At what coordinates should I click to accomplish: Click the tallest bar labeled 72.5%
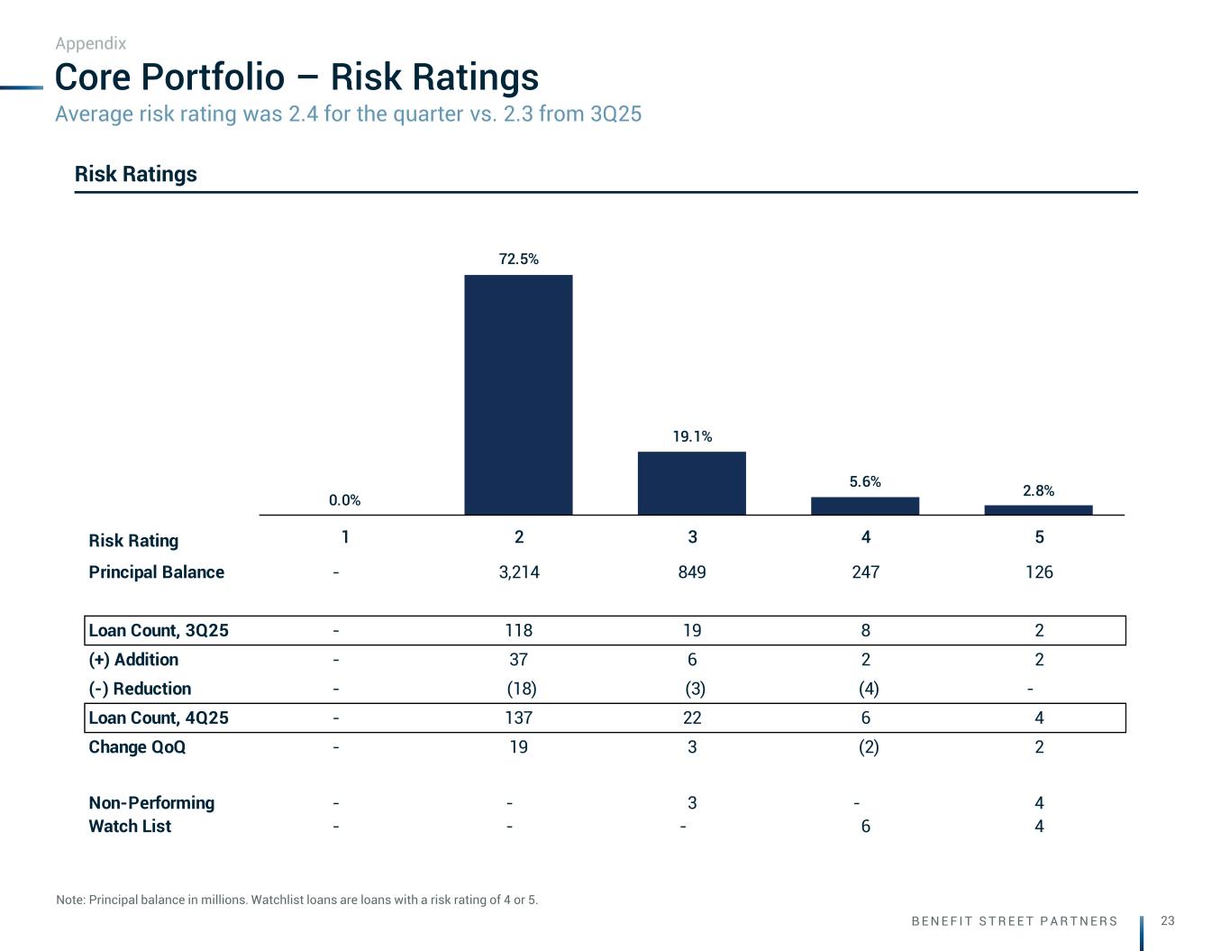518,394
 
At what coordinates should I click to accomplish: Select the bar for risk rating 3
691,483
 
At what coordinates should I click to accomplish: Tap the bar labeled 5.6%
865,506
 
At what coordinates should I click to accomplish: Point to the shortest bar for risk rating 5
1038,510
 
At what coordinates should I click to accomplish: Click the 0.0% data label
344,500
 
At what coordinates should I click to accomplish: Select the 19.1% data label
692,436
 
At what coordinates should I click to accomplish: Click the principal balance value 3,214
519,572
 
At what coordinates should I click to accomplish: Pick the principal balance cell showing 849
692,572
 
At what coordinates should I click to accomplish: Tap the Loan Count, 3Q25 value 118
519,631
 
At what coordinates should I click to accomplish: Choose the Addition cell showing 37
519,660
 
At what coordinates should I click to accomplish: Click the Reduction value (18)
522,689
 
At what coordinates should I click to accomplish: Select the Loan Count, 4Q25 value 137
519,718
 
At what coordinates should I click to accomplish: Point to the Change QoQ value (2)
869,747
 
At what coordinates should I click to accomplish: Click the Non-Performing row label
151,803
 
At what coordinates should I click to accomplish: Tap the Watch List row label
130,827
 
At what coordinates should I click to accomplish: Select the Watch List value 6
866,827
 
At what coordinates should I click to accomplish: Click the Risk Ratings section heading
136,174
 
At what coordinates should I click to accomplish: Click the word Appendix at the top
91,43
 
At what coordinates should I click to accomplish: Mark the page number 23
1168,920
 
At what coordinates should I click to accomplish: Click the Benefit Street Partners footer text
1015,921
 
